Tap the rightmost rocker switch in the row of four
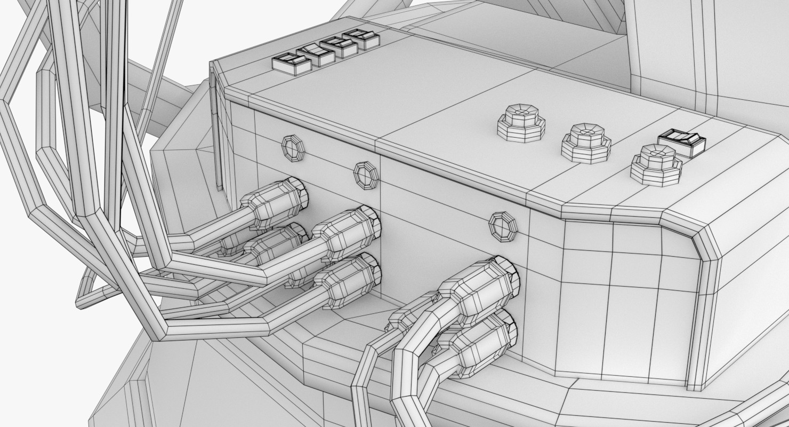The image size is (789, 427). click(362, 39)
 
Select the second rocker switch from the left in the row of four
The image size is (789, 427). click(316, 55)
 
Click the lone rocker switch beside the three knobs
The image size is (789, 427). click(681, 143)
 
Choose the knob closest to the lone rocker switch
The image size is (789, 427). click(656, 165)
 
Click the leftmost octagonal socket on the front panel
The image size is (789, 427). click(293, 148)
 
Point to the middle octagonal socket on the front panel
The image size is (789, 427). click(366, 175)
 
